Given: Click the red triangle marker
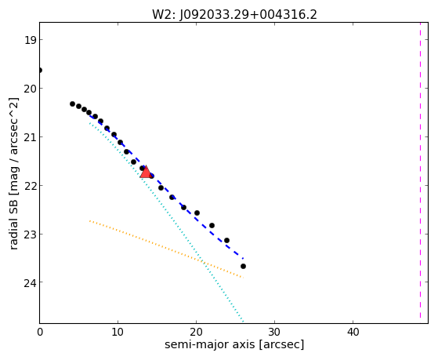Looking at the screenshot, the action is [146, 172].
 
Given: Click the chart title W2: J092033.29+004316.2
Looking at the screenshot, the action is [234, 14].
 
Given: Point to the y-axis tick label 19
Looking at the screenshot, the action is [30, 40].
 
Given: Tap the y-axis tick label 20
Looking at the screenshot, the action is [30, 89].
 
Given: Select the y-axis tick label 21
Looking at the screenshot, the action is [30, 137].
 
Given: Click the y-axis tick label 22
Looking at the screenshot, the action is [30, 186].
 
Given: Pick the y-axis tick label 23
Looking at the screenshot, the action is [30, 235].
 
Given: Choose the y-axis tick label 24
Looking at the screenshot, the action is [30, 283].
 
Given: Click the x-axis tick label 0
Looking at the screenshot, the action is [40, 332].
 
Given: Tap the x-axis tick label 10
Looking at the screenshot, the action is [118, 332].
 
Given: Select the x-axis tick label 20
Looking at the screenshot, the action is [196, 332].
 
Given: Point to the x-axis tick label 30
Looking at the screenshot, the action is [274, 332].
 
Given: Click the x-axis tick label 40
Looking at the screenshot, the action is [353, 332].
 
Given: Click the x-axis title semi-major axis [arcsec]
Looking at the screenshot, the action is [234, 344].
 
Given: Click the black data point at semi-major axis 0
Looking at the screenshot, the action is [40, 70].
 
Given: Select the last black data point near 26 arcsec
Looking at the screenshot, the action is [243, 267].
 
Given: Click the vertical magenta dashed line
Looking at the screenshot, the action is [420, 170].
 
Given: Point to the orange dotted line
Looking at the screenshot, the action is [166, 249].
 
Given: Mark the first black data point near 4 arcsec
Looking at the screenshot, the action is [72, 104].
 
